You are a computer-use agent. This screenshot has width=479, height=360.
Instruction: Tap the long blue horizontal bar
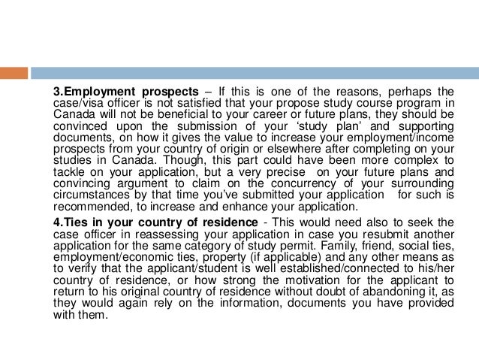(255, 73)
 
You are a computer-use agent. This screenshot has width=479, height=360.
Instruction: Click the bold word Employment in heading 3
(98, 92)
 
